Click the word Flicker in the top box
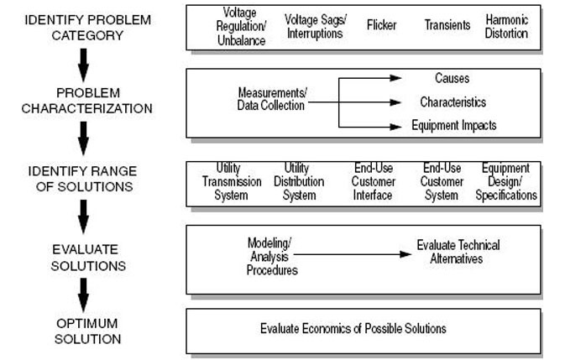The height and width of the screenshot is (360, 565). click(x=382, y=25)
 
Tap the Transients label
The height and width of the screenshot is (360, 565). click(x=447, y=25)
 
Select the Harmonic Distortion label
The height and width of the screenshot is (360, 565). click(x=506, y=26)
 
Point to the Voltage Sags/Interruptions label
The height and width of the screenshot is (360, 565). click(x=316, y=26)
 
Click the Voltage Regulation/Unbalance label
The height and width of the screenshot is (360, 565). click(x=241, y=26)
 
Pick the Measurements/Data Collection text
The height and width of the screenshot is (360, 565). click(x=272, y=99)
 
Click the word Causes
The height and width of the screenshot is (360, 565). click(x=452, y=78)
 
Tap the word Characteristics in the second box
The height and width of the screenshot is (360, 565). click(x=453, y=102)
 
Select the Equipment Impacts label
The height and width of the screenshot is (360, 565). click(x=454, y=126)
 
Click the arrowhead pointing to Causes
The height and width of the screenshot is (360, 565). click(x=396, y=78)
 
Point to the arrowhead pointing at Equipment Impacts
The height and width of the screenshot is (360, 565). click(x=396, y=127)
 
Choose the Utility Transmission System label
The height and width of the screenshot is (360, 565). click(x=232, y=181)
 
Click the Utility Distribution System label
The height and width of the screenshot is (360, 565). click(x=299, y=181)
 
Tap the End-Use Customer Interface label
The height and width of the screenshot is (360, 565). click(x=374, y=181)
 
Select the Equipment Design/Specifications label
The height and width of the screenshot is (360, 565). click(x=506, y=181)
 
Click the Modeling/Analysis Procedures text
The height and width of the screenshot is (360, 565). click(x=272, y=256)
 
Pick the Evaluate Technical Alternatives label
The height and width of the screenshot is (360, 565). click(x=458, y=252)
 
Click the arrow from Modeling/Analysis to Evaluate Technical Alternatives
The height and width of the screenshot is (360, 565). click(x=353, y=254)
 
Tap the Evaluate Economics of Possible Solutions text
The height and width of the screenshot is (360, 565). click(x=353, y=328)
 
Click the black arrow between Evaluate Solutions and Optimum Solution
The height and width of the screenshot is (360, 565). click(x=83, y=295)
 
